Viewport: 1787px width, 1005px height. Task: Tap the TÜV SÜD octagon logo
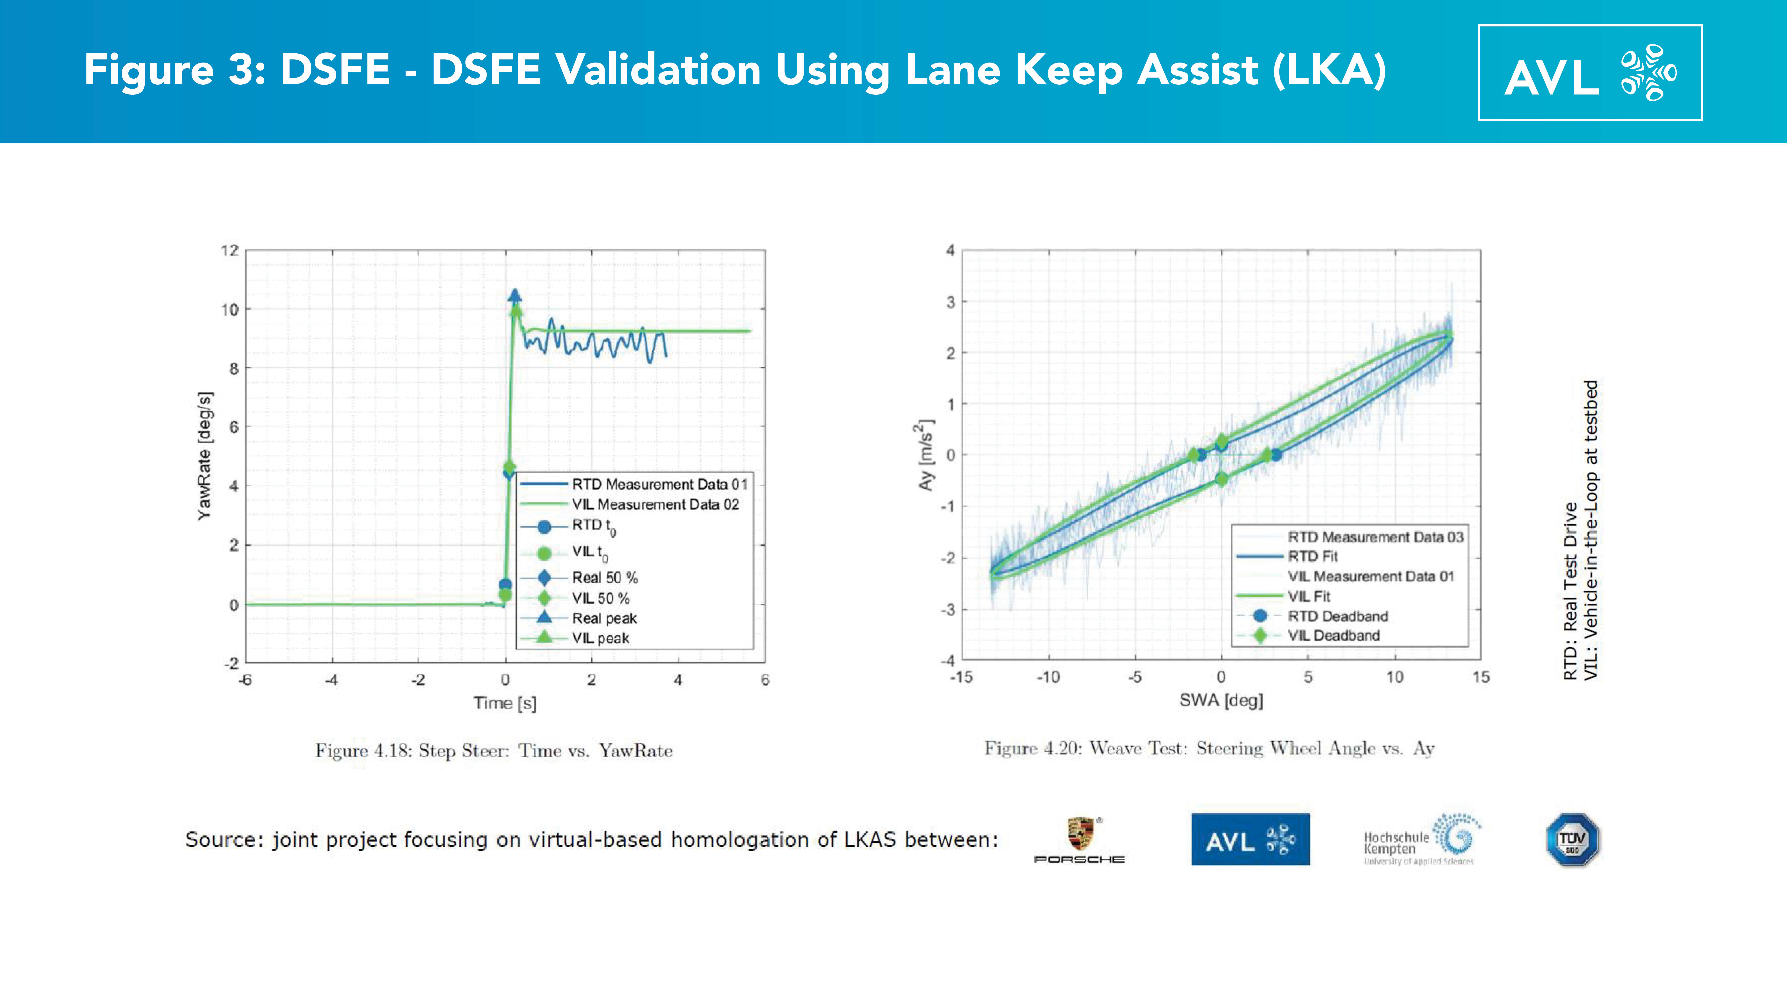click(1572, 839)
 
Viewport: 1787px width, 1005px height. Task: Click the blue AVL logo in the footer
click(1250, 839)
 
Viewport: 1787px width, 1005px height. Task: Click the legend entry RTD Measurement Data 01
click(659, 484)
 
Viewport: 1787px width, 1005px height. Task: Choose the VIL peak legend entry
click(600, 638)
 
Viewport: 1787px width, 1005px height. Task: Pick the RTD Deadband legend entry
click(1338, 616)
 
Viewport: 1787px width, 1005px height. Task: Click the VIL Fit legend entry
click(1308, 596)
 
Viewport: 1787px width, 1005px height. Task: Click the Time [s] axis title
click(505, 703)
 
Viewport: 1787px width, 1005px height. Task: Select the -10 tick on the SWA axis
click(1047, 677)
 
